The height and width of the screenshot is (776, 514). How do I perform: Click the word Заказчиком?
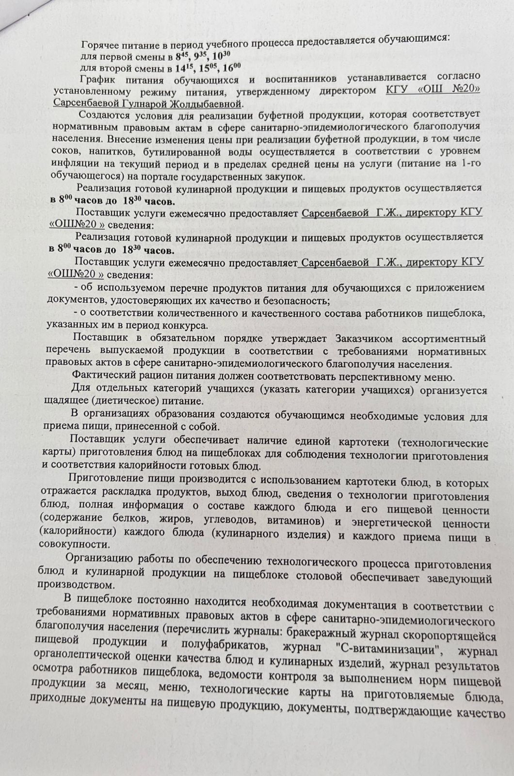[369, 338]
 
